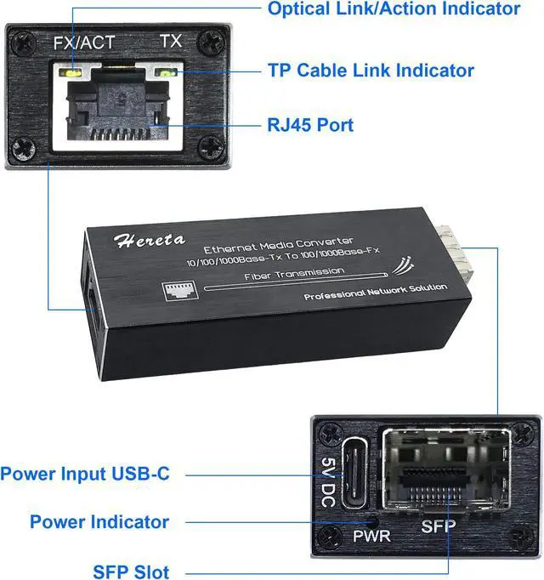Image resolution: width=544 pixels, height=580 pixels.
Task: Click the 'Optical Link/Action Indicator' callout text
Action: pyautogui.click(x=394, y=9)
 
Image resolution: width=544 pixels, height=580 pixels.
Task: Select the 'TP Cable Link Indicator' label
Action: pyautogui.click(x=371, y=71)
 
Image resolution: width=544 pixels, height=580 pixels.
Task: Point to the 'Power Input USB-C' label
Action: pyautogui.click(x=85, y=474)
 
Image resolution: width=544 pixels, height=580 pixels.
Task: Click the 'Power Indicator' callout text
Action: pyautogui.click(x=99, y=521)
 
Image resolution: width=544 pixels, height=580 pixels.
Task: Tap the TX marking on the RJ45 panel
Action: pyautogui.click(x=171, y=41)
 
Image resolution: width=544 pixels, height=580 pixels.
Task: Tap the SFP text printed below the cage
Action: pyautogui.click(x=439, y=526)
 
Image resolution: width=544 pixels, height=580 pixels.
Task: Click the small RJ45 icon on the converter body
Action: pyautogui.click(x=177, y=290)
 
